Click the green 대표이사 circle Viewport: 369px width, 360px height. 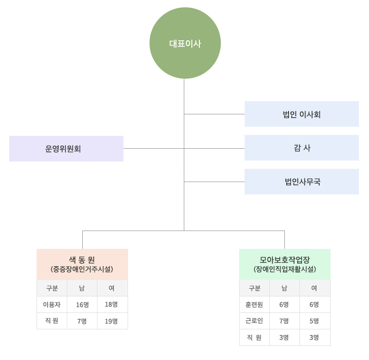(x=185, y=43)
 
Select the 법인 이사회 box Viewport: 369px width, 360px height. (x=301, y=114)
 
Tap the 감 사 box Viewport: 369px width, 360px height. (x=301, y=148)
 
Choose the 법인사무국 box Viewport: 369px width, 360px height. (x=301, y=182)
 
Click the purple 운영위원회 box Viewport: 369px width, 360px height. (x=66, y=149)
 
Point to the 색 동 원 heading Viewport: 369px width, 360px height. (x=82, y=259)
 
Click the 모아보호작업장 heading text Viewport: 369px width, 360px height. (x=284, y=259)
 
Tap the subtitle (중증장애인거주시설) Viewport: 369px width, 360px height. (x=82, y=269)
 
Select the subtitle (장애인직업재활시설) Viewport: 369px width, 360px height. (x=284, y=269)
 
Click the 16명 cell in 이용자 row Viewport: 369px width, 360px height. (x=82, y=305)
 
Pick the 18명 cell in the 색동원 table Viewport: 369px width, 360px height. (x=111, y=305)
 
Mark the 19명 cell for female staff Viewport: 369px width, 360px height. (x=111, y=321)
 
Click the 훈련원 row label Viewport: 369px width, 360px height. (x=254, y=305)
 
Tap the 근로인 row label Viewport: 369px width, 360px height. (x=254, y=321)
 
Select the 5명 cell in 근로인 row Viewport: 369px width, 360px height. (x=314, y=321)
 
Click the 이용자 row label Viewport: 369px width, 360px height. (x=52, y=305)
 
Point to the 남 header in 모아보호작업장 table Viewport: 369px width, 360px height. (x=284, y=288)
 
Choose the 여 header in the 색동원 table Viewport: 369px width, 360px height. (x=112, y=288)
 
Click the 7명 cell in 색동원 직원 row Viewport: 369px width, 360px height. (x=82, y=321)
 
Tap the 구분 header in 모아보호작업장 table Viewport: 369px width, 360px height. (x=254, y=288)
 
